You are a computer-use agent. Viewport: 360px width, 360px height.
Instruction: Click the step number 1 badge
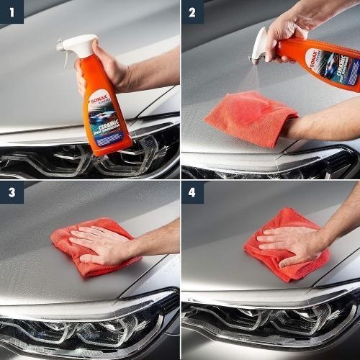click(12, 12)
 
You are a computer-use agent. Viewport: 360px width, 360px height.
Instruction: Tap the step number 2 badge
click(192, 12)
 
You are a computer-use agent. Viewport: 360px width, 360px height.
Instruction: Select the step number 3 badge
click(12, 192)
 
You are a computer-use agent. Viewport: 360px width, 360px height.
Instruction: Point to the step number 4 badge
click(192, 192)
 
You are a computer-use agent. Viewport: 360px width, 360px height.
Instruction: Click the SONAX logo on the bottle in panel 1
click(99, 96)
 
